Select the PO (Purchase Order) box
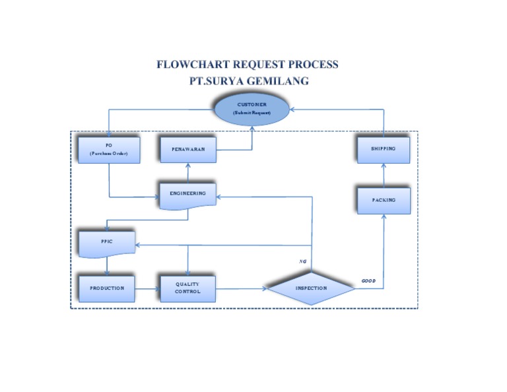(108, 149)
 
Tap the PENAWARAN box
(188, 149)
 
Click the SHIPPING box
(384, 149)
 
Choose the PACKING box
(384, 200)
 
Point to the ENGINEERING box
(188, 194)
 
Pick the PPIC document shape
(107, 242)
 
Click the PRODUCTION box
(107, 288)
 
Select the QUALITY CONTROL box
(188, 288)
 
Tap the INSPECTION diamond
(311, 288)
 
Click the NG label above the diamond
(303, 261)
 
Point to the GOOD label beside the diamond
(368, 281)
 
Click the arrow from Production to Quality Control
(148, 288)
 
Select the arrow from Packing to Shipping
(384, 175)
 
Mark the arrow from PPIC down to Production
(107, 266)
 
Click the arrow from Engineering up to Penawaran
(188, 172)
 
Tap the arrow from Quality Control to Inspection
(241, 288)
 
